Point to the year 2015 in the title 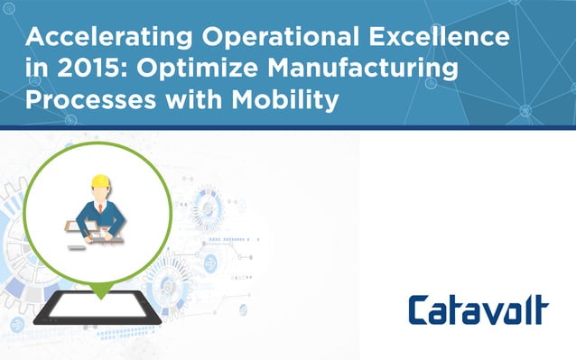pyautogui.click(x=88, y=69)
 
